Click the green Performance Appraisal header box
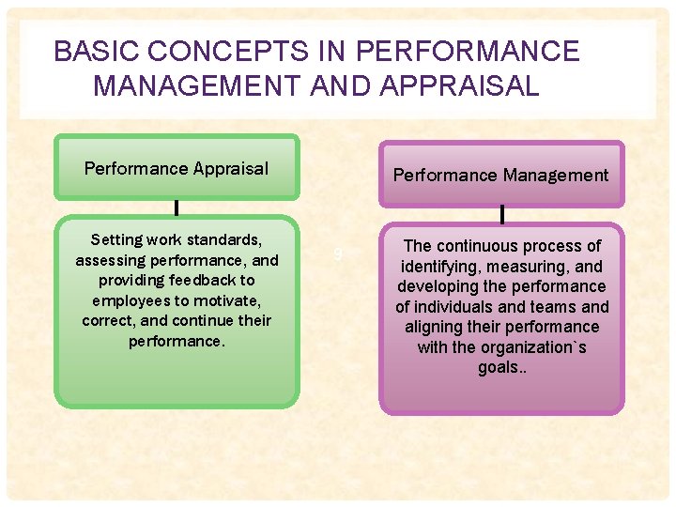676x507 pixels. [177, 169]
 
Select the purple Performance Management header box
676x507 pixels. [500, 175]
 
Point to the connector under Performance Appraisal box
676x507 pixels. [177, 208]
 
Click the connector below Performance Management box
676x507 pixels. [501, 215]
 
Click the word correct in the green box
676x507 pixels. [111, 320]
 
